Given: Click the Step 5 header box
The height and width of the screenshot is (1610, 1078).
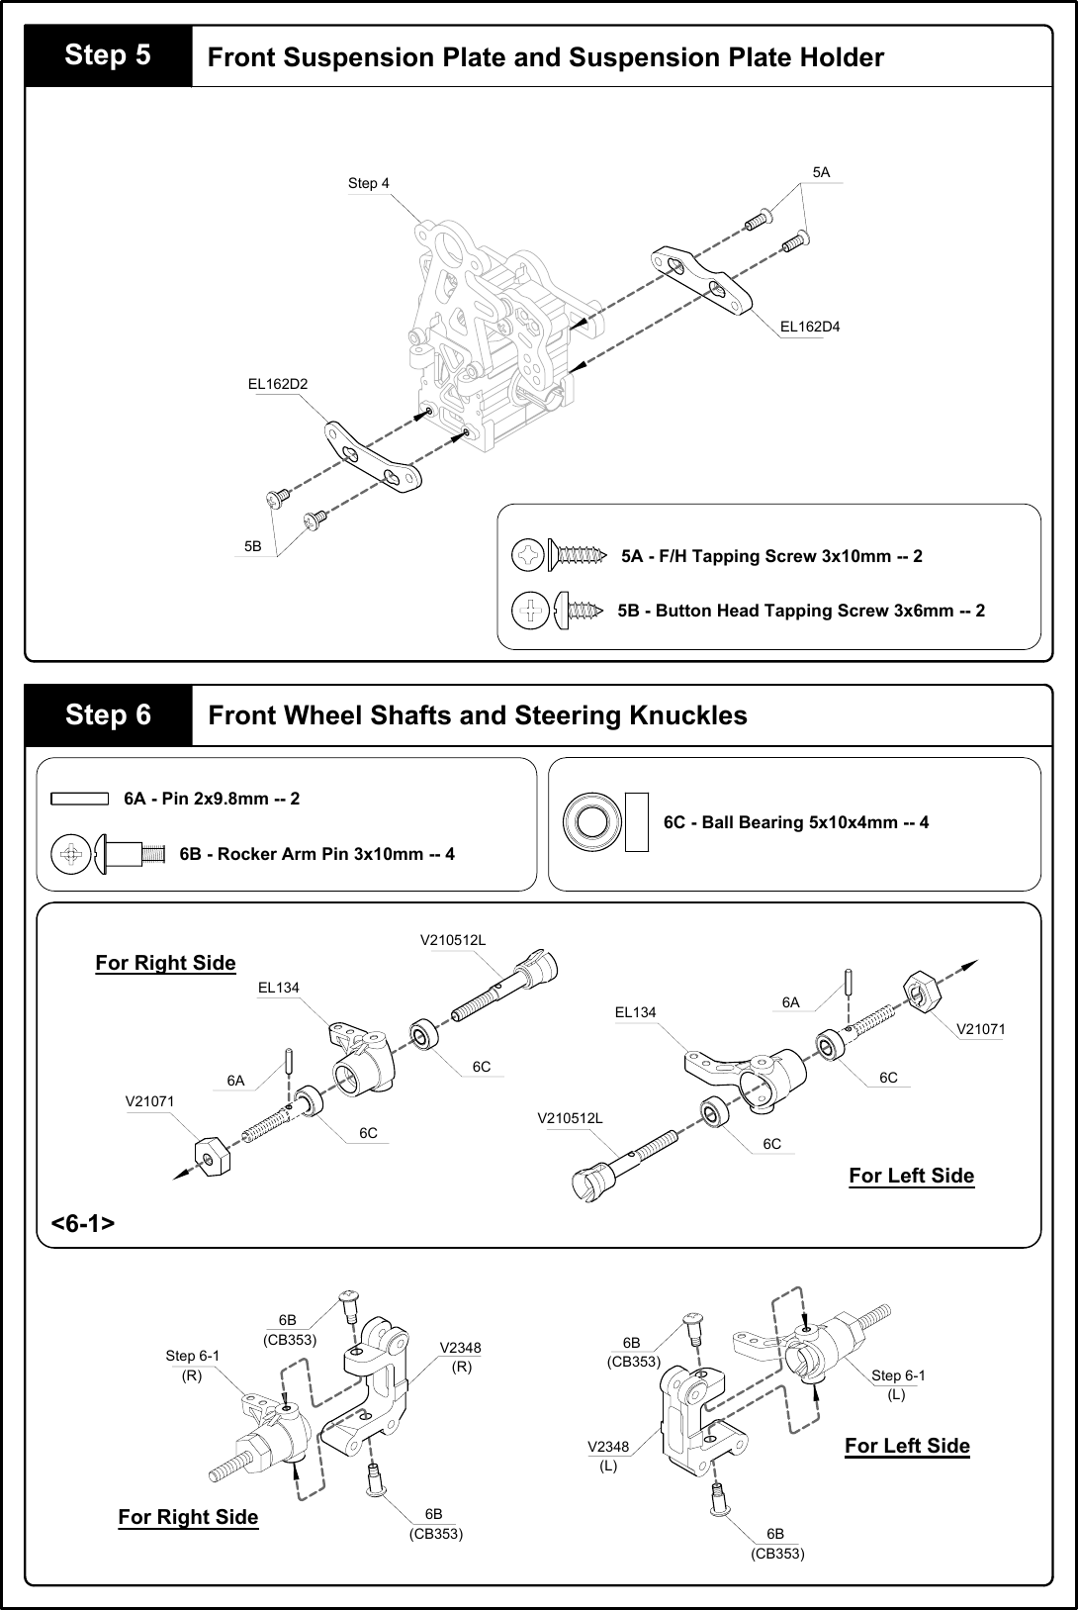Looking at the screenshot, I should [x=108, y=55].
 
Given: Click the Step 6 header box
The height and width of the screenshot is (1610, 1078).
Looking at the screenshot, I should [x=108, y=714].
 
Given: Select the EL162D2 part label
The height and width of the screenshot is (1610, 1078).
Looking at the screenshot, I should [x=278, y=384].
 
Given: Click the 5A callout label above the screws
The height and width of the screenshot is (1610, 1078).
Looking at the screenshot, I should [x=821, y=172].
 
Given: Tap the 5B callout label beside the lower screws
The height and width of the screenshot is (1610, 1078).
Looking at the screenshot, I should [x=253, y=546].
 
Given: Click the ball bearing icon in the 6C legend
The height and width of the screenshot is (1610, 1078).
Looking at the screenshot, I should [x=591, y=822].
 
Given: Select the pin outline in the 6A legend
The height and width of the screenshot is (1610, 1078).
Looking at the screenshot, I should [x=79, y=799].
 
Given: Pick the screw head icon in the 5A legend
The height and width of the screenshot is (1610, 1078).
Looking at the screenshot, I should [x=529, y=556].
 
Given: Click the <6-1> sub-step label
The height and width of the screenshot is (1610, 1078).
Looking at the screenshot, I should [x=82, y=1223].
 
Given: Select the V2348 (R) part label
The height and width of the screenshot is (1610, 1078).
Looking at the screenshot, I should [x=460, y=1357].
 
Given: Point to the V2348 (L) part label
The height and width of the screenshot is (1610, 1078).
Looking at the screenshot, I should [x=608, y=1456].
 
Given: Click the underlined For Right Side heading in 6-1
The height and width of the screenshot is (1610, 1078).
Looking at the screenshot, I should [x=165, y=963].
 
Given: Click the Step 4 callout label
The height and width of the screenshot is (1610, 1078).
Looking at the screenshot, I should [x=368, y=183].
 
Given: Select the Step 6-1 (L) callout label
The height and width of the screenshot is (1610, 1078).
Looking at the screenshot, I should [x=897, y=1383].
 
